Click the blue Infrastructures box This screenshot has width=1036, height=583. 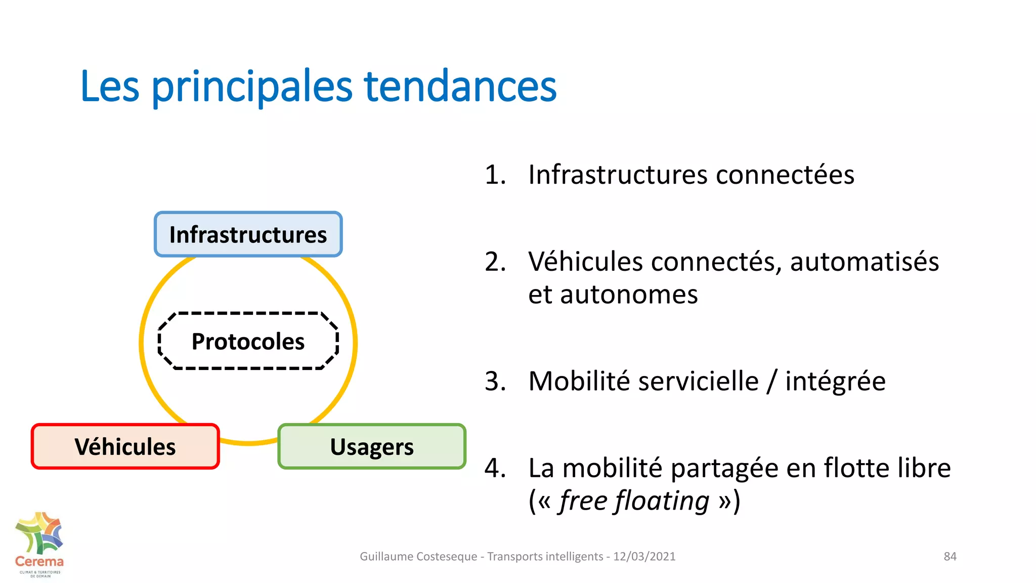(x=248, y=234)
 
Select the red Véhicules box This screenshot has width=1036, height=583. (x=125, y=446)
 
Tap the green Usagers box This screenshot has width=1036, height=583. (x=372, y=446)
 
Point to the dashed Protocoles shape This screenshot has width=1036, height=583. (x=248, y=341)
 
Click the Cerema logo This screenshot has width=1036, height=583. (x=39, y=545)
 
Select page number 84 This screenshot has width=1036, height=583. (x=950, y=556)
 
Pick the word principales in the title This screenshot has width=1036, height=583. (x=252, y=87)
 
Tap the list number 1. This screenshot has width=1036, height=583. (x=495, y=175)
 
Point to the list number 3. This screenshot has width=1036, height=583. (x=495, y=381)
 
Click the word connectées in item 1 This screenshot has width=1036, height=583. (x=785, y=175)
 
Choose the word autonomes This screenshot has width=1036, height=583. (x=629, y=295)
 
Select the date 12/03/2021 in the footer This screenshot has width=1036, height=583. (x=644, y=556)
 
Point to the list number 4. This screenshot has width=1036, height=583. (x=495, y=468)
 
